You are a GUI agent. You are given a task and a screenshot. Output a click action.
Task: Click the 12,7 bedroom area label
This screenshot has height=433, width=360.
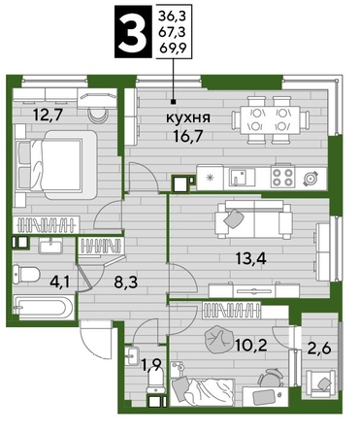[46, 113]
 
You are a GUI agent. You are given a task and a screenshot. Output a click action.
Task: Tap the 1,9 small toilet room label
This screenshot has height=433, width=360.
[150, 366]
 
